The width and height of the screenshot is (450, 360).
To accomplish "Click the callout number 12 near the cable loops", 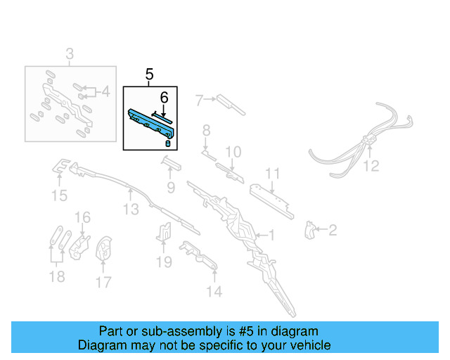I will coord(371,166).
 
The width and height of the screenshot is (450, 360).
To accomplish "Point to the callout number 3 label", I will coord(70,53).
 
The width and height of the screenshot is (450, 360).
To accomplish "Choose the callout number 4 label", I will coord(105,91).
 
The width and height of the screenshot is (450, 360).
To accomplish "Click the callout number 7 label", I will coord(199,100).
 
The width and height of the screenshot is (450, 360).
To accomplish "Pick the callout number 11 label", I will coord(272,174).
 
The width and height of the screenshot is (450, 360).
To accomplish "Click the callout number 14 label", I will coord(214,291).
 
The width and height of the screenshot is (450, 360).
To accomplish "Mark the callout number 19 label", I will coord(164,262).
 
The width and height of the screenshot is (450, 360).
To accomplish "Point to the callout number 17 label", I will coord(103,283).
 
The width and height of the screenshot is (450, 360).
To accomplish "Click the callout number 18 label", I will coord(56,277).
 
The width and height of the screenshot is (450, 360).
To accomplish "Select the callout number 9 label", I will coord(170,187).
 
